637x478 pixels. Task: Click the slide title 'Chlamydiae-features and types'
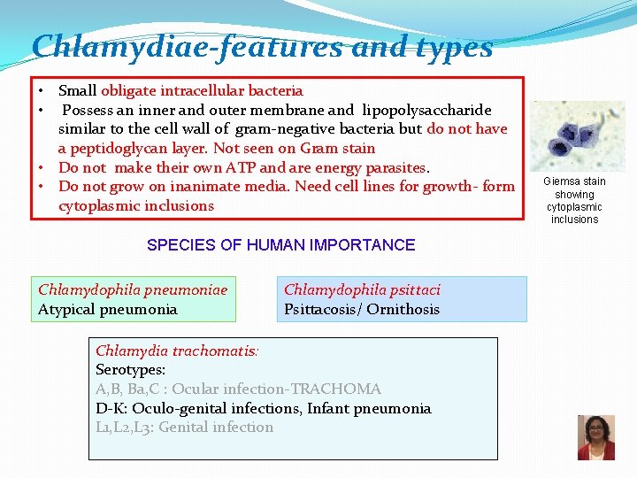click(x=262, y=46)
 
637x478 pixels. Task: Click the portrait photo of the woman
click(x=595, y=437)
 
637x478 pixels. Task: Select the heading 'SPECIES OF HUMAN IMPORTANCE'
click(x=280, y=245)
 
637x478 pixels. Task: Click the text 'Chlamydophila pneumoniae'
click(x=133, y=289)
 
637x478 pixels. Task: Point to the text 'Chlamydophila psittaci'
click(x=362, y=289)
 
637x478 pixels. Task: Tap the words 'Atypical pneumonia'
click(x=107, y=309)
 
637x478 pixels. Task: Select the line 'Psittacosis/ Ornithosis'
click(x=361, y=309)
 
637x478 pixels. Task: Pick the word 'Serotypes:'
click(x=130, y=369)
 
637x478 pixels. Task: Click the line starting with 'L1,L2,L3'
click(x=184, y=427)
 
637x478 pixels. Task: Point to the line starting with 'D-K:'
click(x=263, y=408)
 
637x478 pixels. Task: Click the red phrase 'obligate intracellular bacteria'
click(x=202, y=90)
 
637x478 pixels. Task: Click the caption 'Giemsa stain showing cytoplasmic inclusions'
click(x=575, y=200)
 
